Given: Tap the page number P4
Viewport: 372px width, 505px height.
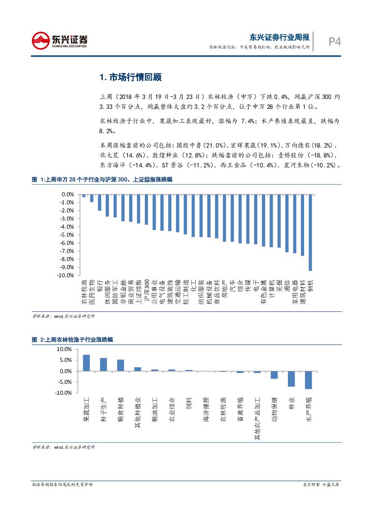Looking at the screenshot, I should [x=334, y=42].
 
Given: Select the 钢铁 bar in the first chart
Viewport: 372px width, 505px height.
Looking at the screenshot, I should [x=310, y=233].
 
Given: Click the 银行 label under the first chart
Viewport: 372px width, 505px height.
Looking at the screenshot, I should [x=99, y=285].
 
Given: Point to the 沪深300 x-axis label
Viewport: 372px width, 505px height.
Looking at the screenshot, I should [x=147, y=290].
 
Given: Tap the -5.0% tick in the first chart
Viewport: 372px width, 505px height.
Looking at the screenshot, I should [x=67, y=234].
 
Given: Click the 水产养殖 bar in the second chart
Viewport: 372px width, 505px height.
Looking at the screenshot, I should [x=308, y=380].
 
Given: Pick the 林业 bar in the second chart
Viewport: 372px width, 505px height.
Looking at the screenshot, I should [x=291, y=379].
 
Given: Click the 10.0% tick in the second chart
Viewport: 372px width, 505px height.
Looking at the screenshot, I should [x=65, y=349].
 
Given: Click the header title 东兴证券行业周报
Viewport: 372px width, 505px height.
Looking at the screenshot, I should [x=279, y=37].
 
